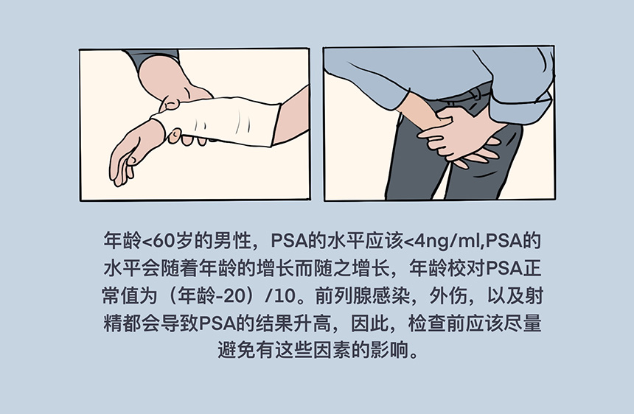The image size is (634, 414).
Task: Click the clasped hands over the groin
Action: pos(461,136)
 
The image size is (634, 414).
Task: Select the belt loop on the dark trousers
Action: pos(476,94)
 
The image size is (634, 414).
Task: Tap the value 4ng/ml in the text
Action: pos(447,241)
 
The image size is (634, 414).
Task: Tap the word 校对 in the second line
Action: pos(466,269)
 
